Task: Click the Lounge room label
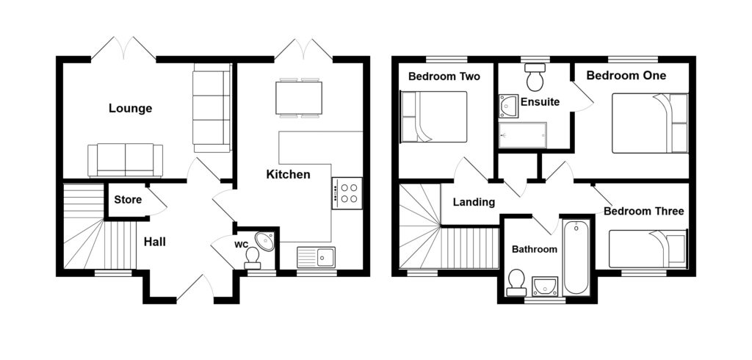coord(130,109)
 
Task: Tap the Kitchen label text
coord(288,175)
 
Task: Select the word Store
coord(128,198)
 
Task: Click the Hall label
coord(154,242)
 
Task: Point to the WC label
coord(241,244)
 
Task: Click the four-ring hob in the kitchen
coord(347,192)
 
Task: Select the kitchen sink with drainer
coord(316,256)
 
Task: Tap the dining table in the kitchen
coord(299,97)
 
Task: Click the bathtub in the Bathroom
coord(576,256)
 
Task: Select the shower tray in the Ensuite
coord(522,135)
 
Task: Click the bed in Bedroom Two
coord(433,117)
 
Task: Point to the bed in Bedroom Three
coord(648,249)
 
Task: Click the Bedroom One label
coord(626,76)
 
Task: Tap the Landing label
coord(474,202)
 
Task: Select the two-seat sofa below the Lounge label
coord(125,159)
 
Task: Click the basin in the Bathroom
coord(544,286)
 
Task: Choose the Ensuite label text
coord(540,102)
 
